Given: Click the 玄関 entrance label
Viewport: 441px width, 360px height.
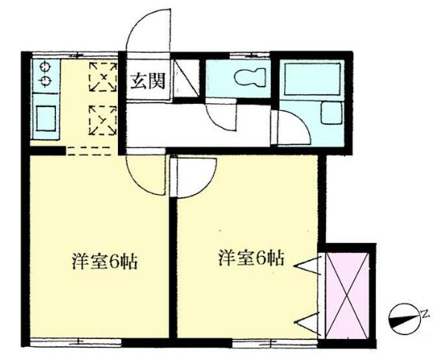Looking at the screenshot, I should pos(146,81).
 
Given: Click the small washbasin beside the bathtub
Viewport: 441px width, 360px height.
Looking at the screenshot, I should pos(332,117).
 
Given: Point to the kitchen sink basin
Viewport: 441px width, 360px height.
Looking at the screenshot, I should pos(44,119).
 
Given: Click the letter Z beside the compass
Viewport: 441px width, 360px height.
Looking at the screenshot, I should pos(425,313).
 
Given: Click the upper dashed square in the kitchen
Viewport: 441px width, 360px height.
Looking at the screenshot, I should pos(101,76).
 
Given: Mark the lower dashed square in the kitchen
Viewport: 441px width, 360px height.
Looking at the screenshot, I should pos(101,119).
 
